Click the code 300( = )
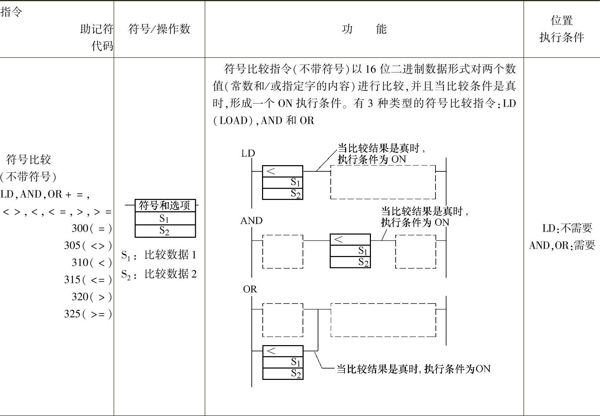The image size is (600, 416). [x=92, y=228]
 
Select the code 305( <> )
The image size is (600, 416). [x=88, y=246]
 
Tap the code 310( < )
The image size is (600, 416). [x=92, y=263]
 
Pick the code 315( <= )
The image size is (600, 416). [x=88, y=280]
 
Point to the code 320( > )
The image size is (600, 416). [x=92, y=297]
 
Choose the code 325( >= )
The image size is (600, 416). [x=88, y=314]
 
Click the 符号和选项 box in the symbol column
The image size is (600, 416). [x=165, y=206]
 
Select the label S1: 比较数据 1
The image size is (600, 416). [x=159, y=255]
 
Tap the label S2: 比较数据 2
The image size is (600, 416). [x=159, y=274]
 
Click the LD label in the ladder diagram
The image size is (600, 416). [x=248, y=153]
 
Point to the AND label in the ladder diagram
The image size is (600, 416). [x=251, y=221]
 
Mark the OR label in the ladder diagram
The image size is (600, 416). [x=250, y=289]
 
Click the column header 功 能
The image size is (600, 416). [x=364, y=29]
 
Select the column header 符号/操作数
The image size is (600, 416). [x=159, y=29]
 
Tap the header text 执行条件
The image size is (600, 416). [x=562, y=38]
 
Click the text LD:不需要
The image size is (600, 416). [x=567, y=228]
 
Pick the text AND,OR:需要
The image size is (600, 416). [x=562, y=246]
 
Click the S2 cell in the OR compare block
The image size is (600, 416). [x=283, y=374]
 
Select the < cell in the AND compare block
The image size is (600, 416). [x=350, y=239]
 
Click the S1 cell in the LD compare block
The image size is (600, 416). [x=282, y=182]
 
